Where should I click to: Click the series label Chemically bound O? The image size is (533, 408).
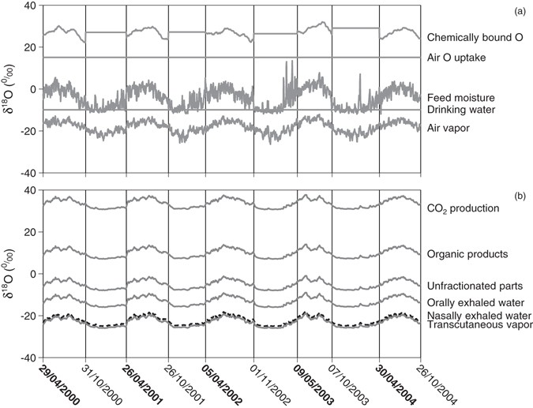tap(473, 37)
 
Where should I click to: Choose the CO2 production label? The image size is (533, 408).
tap(464, 208)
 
